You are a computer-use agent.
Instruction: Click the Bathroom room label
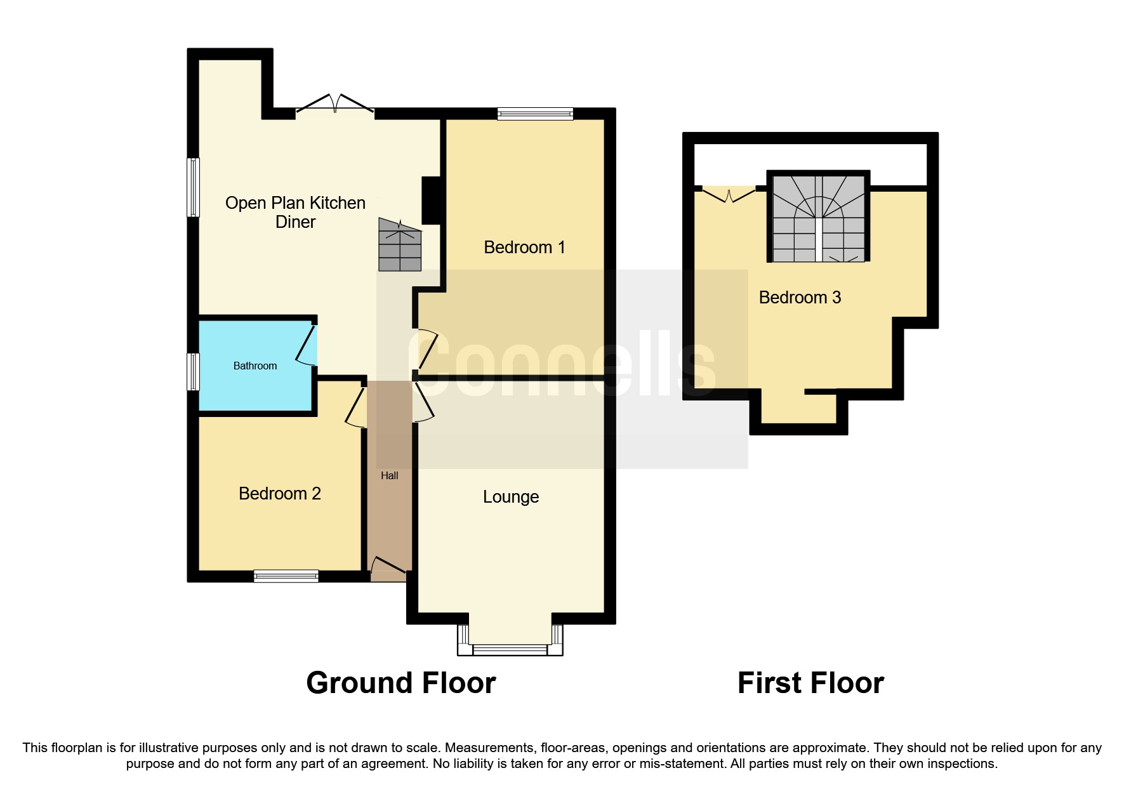coord(255,366)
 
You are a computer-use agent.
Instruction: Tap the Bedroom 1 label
coord(524,248)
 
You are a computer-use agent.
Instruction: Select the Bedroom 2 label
coord(280,494)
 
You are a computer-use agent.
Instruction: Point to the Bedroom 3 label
coord(800,297)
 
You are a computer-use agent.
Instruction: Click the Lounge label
coord(511,497)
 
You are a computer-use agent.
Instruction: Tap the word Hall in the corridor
coord(389,475)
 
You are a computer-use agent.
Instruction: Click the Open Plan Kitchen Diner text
coord(295,212)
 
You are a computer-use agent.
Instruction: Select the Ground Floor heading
coord(400,683)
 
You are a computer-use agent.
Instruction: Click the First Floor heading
coord(810,683)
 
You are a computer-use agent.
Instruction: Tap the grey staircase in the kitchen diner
coord(400,245)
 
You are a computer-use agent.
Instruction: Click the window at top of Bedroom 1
coord(535,114)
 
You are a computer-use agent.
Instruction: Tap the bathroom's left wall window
coord(193,371)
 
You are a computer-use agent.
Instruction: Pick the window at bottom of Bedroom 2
coord(286,576)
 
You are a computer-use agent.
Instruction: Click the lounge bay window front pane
coord(510,649)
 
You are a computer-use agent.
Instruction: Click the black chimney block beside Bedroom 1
coord(432,200)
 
